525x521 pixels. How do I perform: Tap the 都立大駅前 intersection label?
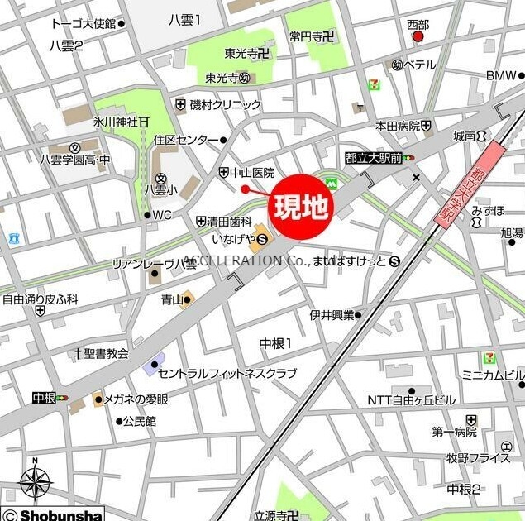coord(374,157)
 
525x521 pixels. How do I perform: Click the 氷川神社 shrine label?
coord(115,122)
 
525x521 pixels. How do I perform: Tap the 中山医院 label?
coord(251,172)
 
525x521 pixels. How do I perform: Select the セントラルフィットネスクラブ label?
coord(227,373)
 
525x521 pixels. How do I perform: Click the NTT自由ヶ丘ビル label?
coord(411,400)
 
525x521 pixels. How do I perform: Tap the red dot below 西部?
coord(418,36)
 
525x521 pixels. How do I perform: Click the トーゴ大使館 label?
coord(83,23)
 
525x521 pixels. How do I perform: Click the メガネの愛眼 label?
coord(135,399)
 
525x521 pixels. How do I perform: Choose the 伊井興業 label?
coord(332,314)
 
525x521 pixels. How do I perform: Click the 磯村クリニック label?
coord(224,104)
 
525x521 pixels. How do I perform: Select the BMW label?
coord(499,75)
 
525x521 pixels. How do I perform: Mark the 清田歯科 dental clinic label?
coord(229,221)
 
